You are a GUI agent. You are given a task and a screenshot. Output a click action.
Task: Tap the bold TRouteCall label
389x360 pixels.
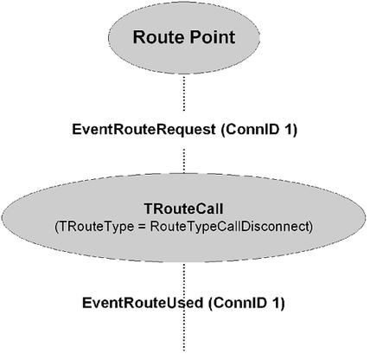[183, 209]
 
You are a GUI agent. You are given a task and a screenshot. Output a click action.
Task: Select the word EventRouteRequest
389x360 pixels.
[143, 130]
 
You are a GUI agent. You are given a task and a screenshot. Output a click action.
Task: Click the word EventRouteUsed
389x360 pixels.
[143, 303]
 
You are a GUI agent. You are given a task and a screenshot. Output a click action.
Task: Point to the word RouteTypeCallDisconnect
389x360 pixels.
[229, 227]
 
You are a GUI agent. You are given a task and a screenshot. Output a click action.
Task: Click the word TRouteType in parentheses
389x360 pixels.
[94, 227]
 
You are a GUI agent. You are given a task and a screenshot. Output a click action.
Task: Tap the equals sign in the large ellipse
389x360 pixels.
[142, 227]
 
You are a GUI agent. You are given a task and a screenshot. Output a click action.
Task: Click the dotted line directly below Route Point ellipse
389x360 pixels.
[184, 93]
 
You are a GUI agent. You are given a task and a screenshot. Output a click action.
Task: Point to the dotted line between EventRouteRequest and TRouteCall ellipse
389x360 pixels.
[184, 161]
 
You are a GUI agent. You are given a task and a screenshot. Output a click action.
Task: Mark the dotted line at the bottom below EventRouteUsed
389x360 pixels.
[184, 331]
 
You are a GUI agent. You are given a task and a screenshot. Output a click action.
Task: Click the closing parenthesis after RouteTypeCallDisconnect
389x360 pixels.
[310, 227]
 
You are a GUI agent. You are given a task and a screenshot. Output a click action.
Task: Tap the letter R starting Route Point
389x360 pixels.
[139, 37]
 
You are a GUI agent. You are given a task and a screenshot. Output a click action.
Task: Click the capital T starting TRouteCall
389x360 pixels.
[149, 209]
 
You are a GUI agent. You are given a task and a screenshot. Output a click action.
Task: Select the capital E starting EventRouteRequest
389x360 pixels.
[77, 130]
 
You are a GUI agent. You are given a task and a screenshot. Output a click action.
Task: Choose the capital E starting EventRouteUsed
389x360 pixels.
[86, 303]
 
